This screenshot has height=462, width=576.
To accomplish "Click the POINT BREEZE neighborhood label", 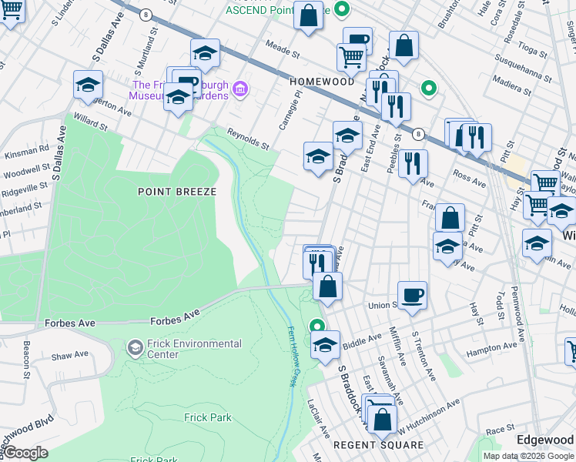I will pyautogui.click(x=176, y=191).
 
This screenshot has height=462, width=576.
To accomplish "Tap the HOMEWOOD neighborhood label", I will pyautogui.click(x=321, y=81).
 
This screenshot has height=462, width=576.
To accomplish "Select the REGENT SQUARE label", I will pyautogui.click(x=378, y=445).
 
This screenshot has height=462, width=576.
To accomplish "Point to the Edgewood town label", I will pyautogui.click(x=544, y=439).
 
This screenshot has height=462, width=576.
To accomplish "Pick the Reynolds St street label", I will pyautogui.click(x=247, y=139).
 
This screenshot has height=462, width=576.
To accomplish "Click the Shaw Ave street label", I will pyautogui.click(x=70, y=355).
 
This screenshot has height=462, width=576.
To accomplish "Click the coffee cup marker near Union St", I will pyautogui.click(x=412, y=294).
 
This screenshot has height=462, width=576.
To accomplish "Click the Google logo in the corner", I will pyautogui.click(x=25, y=453).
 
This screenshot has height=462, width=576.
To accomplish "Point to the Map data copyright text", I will pyautogui.click(x=528, y=456).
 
